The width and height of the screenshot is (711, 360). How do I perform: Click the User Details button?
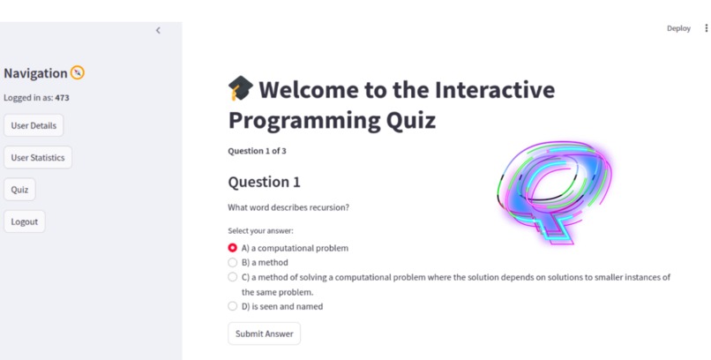pyautogui.click(x=34, y=126)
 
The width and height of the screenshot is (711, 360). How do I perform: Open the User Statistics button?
pyautogui.click(x=38, y=158)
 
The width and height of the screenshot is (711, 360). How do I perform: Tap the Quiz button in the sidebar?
pyautogui.click(x=19, y=190)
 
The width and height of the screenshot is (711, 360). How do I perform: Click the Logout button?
pyautogui.click(x=25, y=221)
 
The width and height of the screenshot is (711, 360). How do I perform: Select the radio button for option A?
pyautogui.click(x=233, y=248)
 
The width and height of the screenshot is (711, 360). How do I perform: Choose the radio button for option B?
pyautogui.click(x=233, y=262)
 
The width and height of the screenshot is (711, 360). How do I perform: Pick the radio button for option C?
pyautogui.click(x=233, y=277)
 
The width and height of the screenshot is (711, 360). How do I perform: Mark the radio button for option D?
pyautogui.click(x=233, y=306)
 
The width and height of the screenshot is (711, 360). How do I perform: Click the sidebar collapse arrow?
pyautogui.click(x=158, y=30)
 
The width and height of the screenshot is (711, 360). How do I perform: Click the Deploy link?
pyautogui.click(x=678, y=28)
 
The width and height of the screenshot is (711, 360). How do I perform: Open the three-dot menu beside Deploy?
pyautogui.click(x=706, y=28)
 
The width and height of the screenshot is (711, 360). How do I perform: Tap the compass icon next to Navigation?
pyautogui.click(x=78, y=73)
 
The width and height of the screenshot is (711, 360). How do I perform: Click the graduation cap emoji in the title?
pyautogui.click(x=240, y=88)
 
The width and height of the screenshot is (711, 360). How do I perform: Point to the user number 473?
pyautogui.click(x=62, y=98)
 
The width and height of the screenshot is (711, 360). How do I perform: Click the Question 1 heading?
pyautogui.click(x=264, y=182)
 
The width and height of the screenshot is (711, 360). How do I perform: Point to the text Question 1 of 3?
pyautogui.click(x=257, y=151)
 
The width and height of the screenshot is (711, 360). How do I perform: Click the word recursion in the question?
pyautogui.click(x=327, y=207)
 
